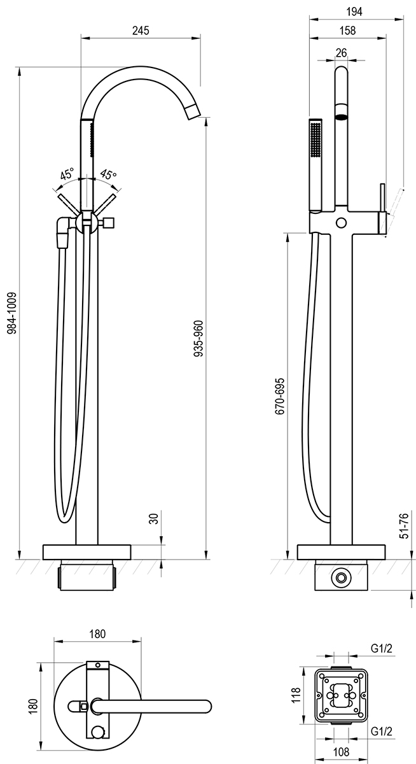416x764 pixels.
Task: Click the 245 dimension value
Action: (141, 31)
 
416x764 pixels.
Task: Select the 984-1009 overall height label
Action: (12, 313)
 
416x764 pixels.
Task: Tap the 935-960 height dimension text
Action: (198, 339)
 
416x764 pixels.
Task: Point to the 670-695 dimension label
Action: (280, 396)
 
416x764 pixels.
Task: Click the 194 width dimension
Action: (354, 11)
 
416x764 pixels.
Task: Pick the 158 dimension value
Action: (348, 31)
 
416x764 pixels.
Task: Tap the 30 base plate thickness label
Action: (155, 519)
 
